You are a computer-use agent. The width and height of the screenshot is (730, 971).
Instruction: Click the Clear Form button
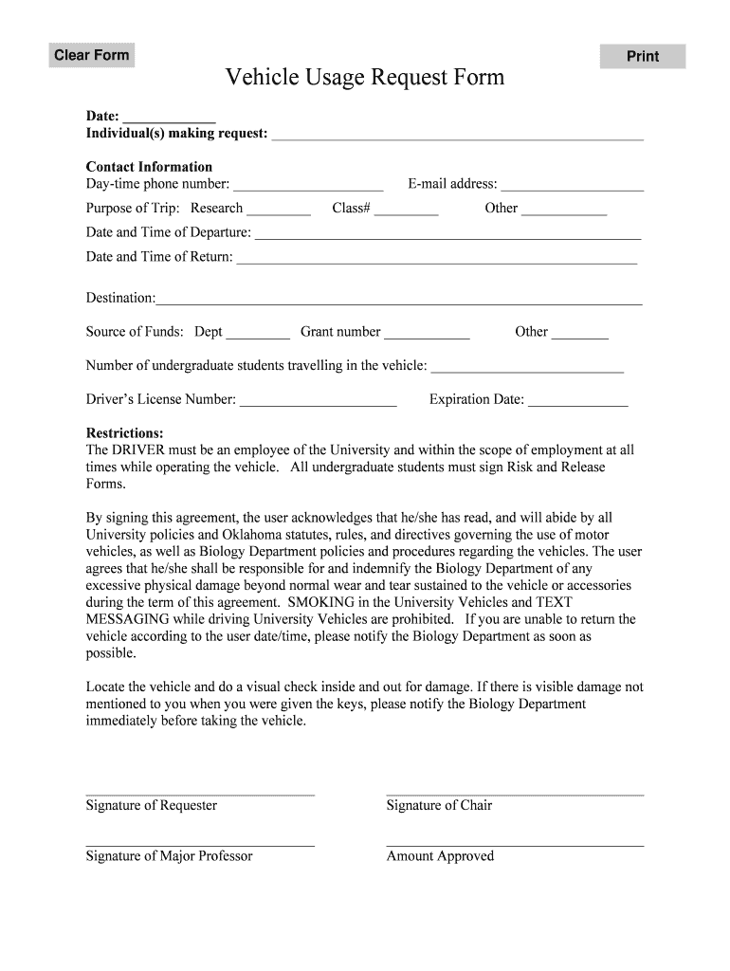pyautogui.click(x=91, y=55)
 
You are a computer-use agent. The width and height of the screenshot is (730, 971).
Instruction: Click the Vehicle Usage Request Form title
pyautogui.click(x=365, y=78)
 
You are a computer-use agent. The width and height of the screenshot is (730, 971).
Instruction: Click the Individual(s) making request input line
pyautogui.click(x=457, y=134)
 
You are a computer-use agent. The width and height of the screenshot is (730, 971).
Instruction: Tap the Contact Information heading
pyautogui.click(x=149, y=167)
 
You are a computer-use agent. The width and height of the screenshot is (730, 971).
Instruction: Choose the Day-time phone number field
pyautogui.click(x=308, y=184)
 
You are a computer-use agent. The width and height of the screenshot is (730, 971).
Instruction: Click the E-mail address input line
pyautogui.click(x=573, y=184)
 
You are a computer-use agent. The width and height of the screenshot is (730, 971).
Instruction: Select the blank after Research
pyautogui.click(x=279, y=209)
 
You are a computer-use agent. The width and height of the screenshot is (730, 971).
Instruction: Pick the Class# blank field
pyautogui.click(x=407, y=209)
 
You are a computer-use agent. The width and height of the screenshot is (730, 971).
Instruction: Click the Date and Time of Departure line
pyautogui.click(x=447, y=233)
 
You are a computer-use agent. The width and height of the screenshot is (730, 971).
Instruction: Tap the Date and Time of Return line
pyautogui.click(x=436, y=257)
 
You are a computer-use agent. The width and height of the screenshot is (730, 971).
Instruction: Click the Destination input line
pyautogui.click(x=399, y=299)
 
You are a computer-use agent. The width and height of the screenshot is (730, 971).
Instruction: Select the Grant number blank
pyautogui.click(x=427, y=332)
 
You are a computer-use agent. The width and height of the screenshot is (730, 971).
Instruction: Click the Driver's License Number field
pyautogui.click(x=318, y=400)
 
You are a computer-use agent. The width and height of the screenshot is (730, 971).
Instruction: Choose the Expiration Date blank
pyautogui.click(x=577, y=400)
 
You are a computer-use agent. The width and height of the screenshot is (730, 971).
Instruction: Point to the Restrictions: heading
pyautogui.click(x=125, y=433)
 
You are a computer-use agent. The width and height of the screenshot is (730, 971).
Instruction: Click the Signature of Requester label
pyautogui.click(x=152, y=806)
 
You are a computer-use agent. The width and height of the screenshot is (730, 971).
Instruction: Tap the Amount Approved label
pyautogui.click(x=440, y=856)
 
